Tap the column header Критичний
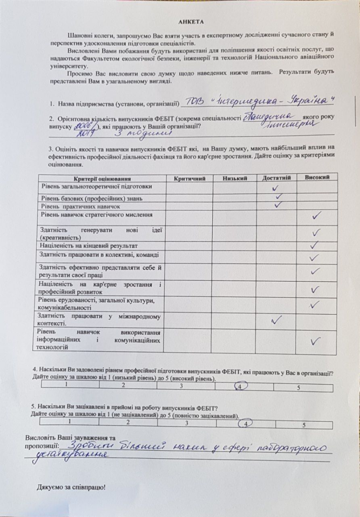190,178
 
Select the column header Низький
234,178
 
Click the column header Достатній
276,178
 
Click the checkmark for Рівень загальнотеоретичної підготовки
276,188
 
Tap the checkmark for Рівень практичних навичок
277,205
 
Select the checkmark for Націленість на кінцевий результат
315,245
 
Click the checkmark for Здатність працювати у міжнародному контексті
276,320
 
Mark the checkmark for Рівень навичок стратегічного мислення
316,216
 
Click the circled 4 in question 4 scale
240,386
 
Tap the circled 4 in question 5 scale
245,423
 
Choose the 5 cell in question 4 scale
299,388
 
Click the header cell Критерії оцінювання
103,179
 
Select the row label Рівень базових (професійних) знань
91,199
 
